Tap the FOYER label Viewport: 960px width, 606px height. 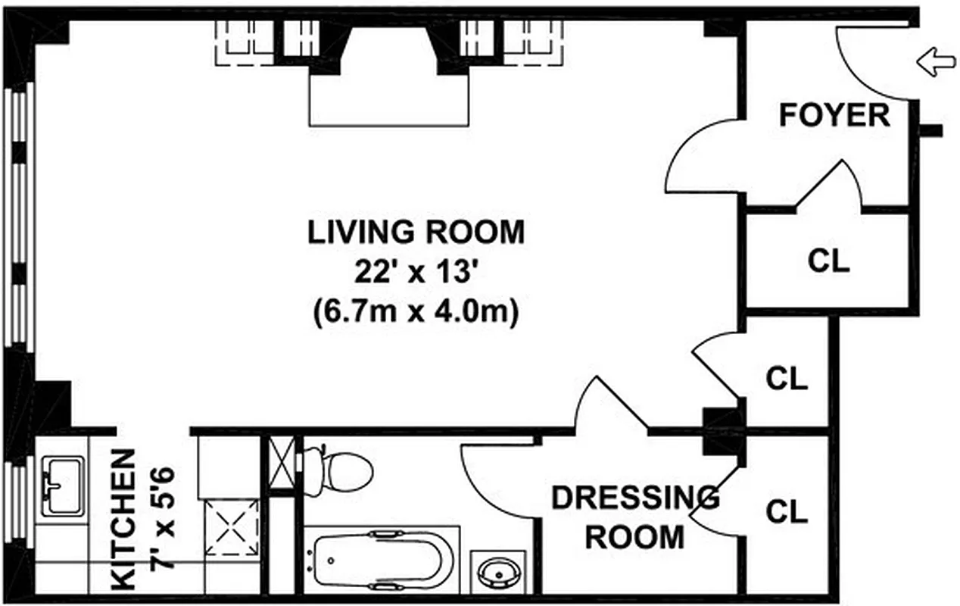[x=834, y=116]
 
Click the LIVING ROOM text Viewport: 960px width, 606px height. [x=416, y=232]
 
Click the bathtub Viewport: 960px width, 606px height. [x=382, y=561]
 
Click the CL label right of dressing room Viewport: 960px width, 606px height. [x=787, y=511]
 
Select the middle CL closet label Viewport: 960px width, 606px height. [x=787, y=378]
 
